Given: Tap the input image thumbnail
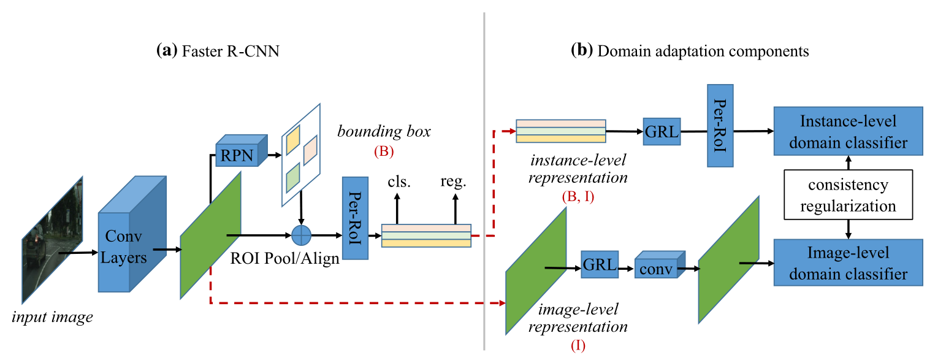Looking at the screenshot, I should tap(52, 240).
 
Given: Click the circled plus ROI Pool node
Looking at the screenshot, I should tap(301, 235).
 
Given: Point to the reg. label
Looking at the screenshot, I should tap(454, 182).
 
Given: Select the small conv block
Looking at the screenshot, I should tap(657, 269).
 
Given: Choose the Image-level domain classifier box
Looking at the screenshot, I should tap(848, 262).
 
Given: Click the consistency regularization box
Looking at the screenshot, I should tap(848, 196).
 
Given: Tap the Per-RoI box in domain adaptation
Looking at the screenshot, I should tap(720, 126).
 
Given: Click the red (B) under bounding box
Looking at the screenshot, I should tap(383, 151).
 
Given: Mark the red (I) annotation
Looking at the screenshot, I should tap(578, 346).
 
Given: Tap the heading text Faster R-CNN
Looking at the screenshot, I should tap(230, 51).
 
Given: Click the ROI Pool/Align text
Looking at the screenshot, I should tap(284, 258).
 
